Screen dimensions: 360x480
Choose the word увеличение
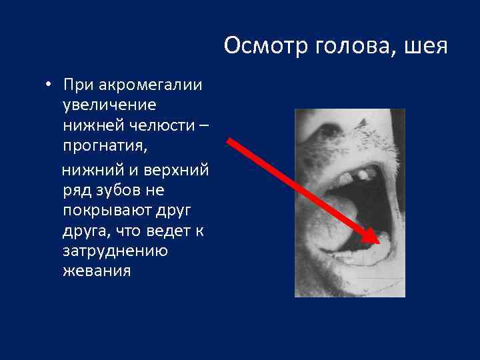click(x=109, y=105)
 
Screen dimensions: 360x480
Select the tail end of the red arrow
click(x=229, y=141)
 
